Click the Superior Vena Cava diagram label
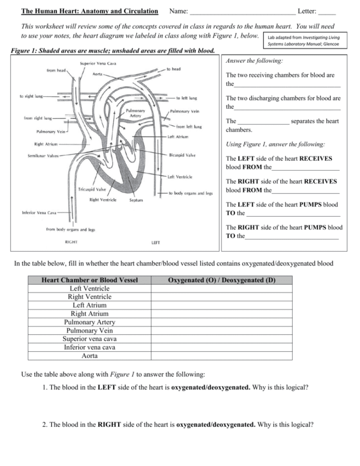[98, 63]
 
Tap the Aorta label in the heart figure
[98, 73]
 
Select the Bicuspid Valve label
[182, 155]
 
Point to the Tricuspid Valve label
[91, 189]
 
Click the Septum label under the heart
[136, 200]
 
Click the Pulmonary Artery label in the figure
[135, 113]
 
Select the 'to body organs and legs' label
[190, 193]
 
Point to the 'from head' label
[56, 70]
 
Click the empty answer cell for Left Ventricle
[222, 288]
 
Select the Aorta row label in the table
[90, 356]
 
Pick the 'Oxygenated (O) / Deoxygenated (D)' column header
[222, 280]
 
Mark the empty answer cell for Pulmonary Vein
[222, 330]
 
